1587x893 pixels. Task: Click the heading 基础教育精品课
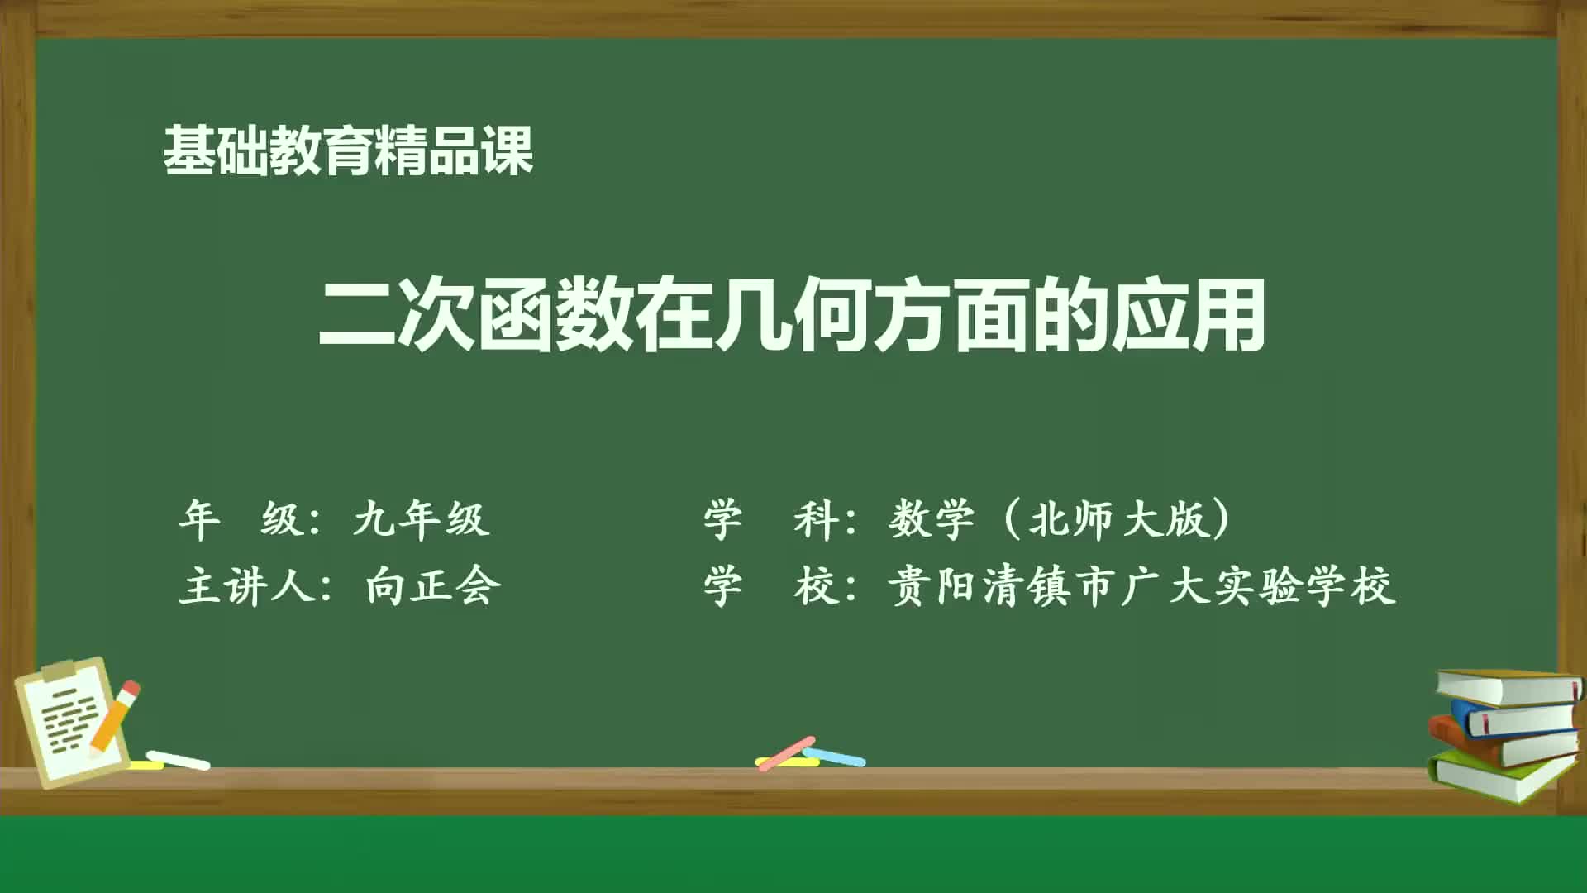[x=347, y=150]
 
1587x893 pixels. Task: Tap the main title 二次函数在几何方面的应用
[x=792, y=315]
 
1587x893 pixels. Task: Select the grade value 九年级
[x=421, y=519]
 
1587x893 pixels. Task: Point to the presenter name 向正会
[x=433, y=586]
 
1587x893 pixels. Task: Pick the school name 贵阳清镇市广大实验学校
[x=1141, y=586]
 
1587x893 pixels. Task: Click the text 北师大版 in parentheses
[x=1119, y=519]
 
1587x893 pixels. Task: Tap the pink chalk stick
[x=786, y=752]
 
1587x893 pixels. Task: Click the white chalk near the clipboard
[x=179, y=760]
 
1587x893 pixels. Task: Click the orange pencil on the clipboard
[x=116, y=716]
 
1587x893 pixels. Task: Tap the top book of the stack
[x=1508, y=687]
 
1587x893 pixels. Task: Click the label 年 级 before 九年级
[x=240, y=519]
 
